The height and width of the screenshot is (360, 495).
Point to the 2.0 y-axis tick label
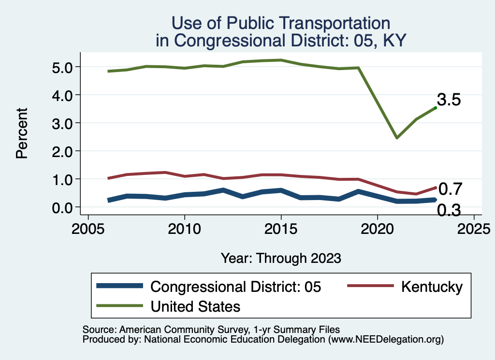pos(61,151)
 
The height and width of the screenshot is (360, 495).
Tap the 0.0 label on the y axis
pos(61,207)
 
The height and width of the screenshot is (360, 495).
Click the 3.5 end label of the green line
pos(449,100)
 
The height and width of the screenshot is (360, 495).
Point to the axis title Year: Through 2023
pos(281,258)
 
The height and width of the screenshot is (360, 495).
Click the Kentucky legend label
pos(431,287)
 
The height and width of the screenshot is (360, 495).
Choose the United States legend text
pos(195,306)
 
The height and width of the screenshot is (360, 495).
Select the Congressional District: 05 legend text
pos(235,287)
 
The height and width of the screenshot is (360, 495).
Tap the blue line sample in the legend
pos(120,286)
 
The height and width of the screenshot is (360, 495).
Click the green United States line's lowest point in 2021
pos(397,138)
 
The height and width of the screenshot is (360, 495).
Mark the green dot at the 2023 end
pos(436,108)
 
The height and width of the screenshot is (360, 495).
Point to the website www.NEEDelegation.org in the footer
pos(385,339)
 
